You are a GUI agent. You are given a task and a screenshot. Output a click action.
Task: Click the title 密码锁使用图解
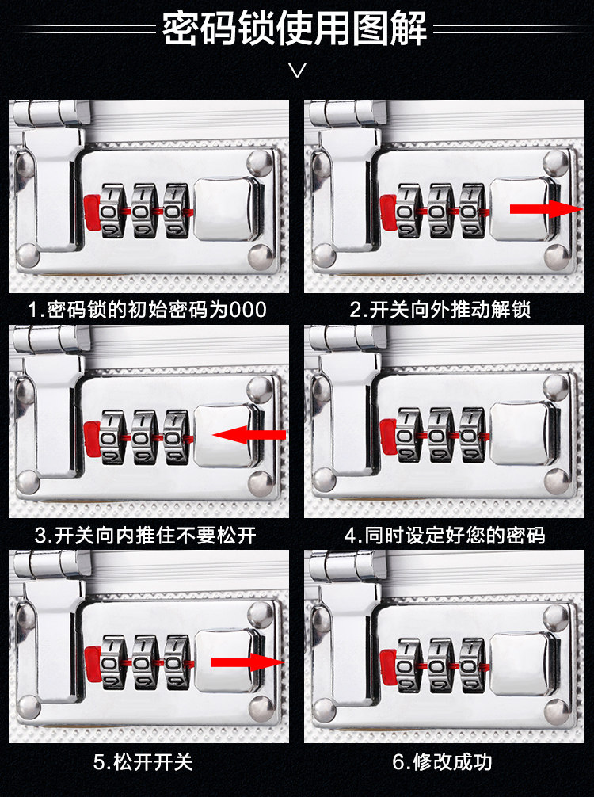(295, 29)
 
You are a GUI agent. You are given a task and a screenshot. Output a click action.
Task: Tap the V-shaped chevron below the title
(297, 71)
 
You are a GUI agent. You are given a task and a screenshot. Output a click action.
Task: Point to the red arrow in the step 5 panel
(246, 662)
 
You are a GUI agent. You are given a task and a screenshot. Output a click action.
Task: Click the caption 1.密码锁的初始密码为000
(147, 309)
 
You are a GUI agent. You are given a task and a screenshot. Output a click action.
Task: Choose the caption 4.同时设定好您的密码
(445, 535)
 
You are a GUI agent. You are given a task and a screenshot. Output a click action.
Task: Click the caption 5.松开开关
(143, 762)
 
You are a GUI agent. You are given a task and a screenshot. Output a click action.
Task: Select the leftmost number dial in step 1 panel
(112, 210)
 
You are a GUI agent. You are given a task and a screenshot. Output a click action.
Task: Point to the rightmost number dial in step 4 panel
(473, 434)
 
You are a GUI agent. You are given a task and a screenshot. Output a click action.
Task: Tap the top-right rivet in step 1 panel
(257, 163)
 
